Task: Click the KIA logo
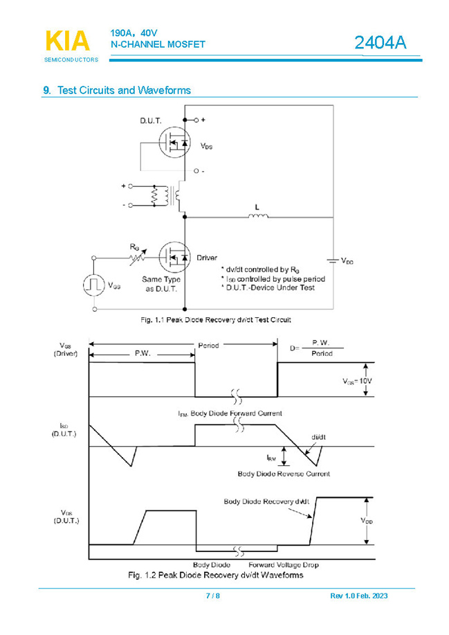[67, 42]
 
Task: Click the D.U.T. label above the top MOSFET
[150, 120]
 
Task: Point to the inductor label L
[257, 207]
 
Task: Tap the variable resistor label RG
[135, 247]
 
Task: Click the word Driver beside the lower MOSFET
[207, 258]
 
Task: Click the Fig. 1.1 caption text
[215, 320]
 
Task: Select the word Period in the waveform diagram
[209, 345]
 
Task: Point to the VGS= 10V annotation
[357, 382]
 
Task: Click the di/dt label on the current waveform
[318, 437]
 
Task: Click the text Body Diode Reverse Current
[284, 474]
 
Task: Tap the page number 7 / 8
[213, 596]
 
